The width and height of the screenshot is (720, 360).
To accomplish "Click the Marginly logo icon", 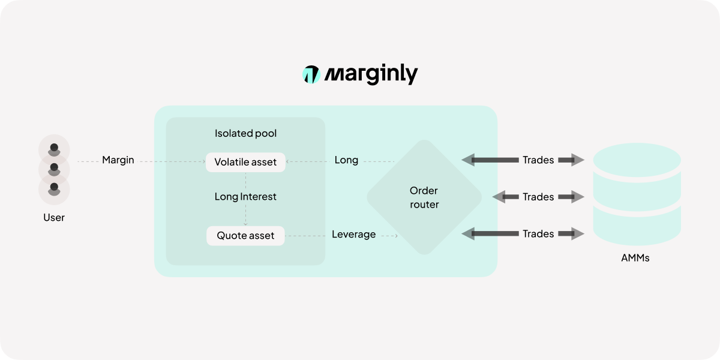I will click(311, 74).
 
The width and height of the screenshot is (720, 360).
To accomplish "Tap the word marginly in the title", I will click(371, 74).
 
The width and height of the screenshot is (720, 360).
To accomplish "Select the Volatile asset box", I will click(245, 162).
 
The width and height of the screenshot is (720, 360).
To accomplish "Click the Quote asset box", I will click(245, 235).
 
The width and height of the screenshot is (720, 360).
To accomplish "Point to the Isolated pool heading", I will click(245, 133).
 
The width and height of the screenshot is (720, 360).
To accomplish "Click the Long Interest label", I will click(245, 196).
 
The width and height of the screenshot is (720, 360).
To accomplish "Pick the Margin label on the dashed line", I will click(118, 160).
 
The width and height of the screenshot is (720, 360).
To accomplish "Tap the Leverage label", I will click(353, 234).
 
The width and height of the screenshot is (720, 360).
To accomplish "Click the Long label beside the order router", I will click(346, 160).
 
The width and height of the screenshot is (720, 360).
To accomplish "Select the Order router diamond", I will click(424, 197).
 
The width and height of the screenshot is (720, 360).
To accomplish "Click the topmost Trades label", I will click(538, 160).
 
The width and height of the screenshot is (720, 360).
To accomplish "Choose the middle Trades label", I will click(538, 197).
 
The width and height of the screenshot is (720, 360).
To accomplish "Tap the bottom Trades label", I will click(538, 234).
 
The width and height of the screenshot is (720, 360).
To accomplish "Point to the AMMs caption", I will click(635, 259).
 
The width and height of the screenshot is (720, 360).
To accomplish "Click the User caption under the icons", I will click(54, 217).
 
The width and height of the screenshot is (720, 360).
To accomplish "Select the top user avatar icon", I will click(54, 149).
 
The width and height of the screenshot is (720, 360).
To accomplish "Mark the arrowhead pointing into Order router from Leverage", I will click(395, 236).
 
